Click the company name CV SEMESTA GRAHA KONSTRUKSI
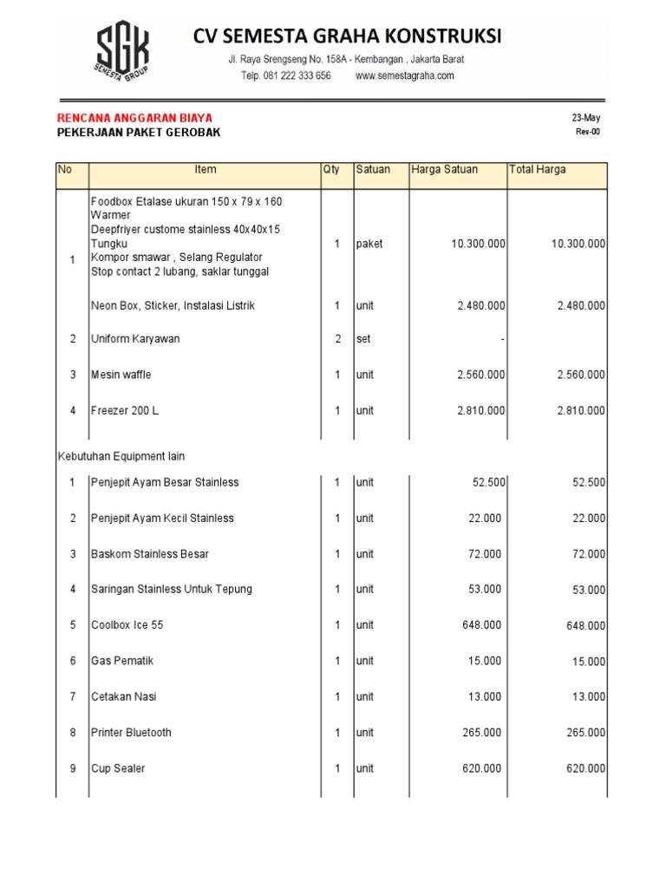[x=347, y=36]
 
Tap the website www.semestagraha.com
[x=405, y=75]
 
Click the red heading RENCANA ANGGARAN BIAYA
[x=134, y=117]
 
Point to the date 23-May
[x=585, y=117]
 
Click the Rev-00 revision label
[x=587, y=132]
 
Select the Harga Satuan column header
[x=444, y=170]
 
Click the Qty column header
[x=331, y=170]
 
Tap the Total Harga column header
[x=538, y=170]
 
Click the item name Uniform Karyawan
[x=135, y=339]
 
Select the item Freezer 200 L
[x=125, y=411]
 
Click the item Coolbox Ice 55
[x=127, y=625]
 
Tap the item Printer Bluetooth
[x=131, y=733]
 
